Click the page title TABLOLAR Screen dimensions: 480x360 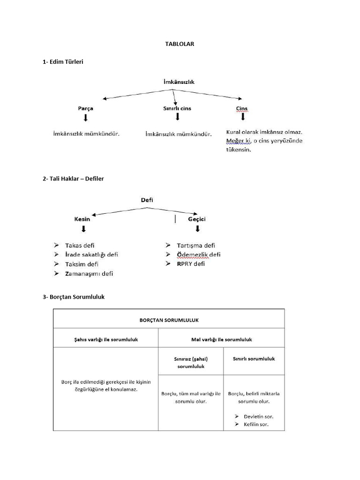(x=180, y=44)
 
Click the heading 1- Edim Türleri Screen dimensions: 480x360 (x=63, y=61)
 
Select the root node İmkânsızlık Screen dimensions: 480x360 (x=179, y=82)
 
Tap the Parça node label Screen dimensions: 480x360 (x=85, y=108)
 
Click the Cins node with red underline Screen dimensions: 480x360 (x=242, y=109)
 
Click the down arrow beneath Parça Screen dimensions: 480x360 (x=85, y=118)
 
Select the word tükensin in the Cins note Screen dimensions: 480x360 (x=239, y=150)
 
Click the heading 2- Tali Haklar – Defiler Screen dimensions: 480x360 (x=76, y=179)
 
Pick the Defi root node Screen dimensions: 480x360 (x=147, y=200)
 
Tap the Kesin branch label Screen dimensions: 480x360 (x=82, y=219)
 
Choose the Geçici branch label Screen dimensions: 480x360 (x=197, y=219)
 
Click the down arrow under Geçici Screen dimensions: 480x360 (x=197, y=229)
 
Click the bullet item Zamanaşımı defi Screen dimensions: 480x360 (x=89, y=273)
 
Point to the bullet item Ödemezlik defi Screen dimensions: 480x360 (x=198, y=255)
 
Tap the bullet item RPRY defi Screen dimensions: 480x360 (x=191, y=264)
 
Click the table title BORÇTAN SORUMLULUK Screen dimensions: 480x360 (x=169, y=320)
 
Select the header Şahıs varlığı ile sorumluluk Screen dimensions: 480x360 (x=105, y=338)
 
